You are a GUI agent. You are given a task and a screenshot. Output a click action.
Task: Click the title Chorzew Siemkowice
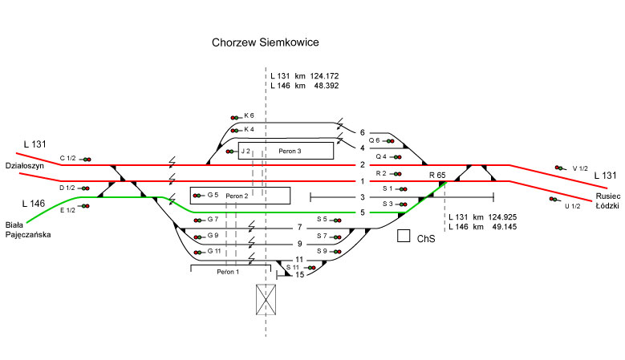click(265, 42)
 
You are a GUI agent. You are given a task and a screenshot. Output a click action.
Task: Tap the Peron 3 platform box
click(285, 150)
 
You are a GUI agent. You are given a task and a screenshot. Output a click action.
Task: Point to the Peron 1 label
click(227, 272)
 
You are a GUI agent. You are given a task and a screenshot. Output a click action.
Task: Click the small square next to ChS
click(404, 237)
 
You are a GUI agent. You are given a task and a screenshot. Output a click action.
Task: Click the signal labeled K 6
click(235, 116)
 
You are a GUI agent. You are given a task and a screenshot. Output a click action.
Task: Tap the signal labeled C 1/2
click(84, 159)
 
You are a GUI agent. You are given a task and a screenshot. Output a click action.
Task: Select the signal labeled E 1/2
click(84, 207)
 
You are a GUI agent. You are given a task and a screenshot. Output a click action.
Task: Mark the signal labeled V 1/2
click(559, 168)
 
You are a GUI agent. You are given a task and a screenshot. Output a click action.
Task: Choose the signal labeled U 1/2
click(552, 199)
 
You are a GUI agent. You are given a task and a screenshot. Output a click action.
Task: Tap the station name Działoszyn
click(22, 166)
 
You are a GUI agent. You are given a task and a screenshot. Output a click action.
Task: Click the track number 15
click(299, 276)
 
